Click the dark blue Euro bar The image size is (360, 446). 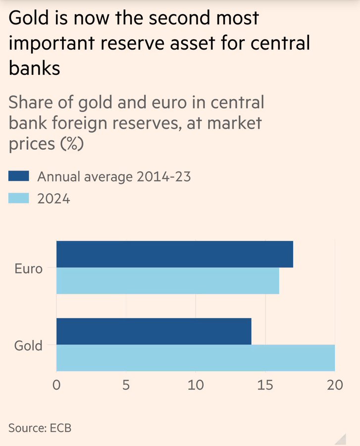pos(174,254)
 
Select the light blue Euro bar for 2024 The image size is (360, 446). pos(167,280)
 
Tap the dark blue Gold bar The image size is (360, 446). pos(154,331)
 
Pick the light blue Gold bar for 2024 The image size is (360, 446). pos(195,358)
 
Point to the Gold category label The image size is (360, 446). pos(29,345)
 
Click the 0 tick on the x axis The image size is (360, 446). pos(56,385)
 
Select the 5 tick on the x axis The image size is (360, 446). pos(126,385)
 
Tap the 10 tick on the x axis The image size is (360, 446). pos(196,385)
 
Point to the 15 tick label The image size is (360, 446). pos(265,385)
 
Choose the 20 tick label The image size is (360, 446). pos(335,385)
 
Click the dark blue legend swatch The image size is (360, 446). pos(19,176)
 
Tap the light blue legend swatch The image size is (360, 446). pos(19,198)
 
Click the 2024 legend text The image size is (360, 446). pos(54,199)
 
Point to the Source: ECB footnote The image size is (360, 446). pos(40,427)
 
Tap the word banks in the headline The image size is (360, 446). pos(34,68)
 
